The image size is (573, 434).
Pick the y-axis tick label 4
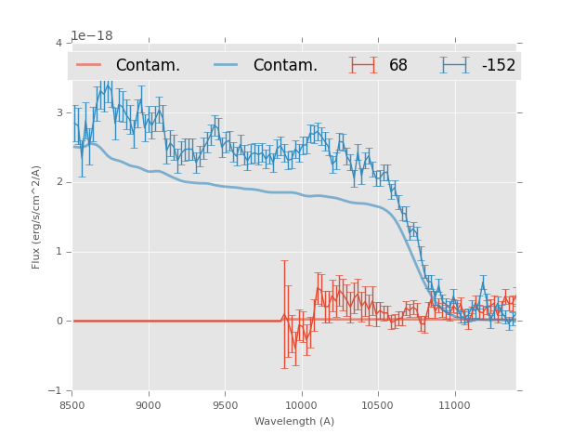coord(59,43)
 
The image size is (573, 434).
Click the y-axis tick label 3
coord(59,112)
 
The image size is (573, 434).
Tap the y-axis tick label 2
coord(59,182)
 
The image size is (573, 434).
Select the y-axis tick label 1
coord(59,252)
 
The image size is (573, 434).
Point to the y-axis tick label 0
coord(59,322)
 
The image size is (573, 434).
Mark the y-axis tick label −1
coord(56,390)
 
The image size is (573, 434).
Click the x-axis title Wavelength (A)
coord(294,422)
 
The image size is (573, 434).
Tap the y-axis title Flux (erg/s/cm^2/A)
coord(37,217)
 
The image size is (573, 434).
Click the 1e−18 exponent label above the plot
coord(92,36)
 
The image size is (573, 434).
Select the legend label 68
coord(398,66)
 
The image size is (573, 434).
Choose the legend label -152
coord(499,66)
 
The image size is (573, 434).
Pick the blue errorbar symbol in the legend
coord(455,65)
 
